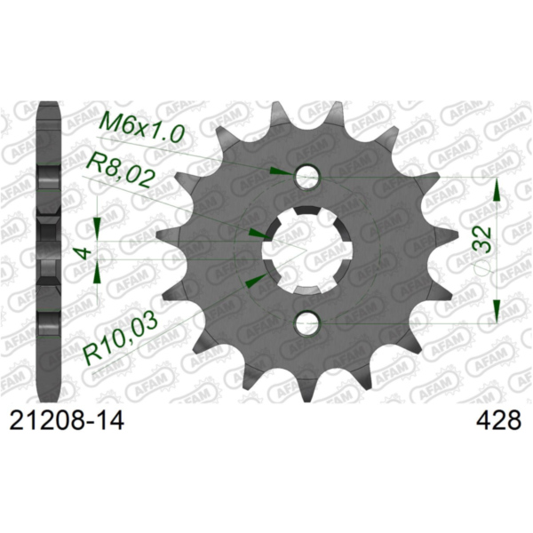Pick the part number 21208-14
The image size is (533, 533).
pyautogui.click(x=66, y=420)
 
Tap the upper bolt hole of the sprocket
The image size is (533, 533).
pyautogui.click(x=307, y=176)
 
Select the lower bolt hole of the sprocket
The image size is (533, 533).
pyautogui.click(x=307, y=323)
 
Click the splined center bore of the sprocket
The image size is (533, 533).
pyautogui.click(x=306, y=250)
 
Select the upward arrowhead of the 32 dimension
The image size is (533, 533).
pyautogui.click(x=497, y=190)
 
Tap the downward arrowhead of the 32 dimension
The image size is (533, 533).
pyautogui.click(x=497, y=310)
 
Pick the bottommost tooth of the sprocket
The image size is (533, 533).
pyautogui.click(x=306, y=392)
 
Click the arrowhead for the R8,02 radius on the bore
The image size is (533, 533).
pyautogui.click(x=256, y=233)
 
